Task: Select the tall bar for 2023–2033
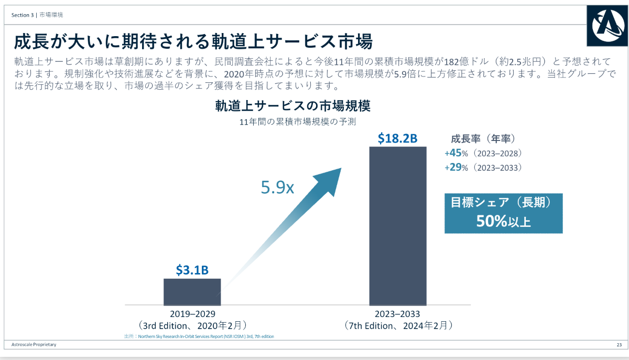tap(398, 225)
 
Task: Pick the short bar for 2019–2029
tap(192, 291)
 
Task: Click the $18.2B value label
tap(397, 138)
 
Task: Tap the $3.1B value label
tap(192, 270)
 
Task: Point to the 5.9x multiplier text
tap(277, 188)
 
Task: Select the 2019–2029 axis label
tap(192, 314)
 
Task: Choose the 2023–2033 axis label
tap(397, 314)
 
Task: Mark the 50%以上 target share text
tap(503, 221)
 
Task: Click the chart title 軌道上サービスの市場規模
tap(292, 106)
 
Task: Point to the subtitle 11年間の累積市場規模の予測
tap(297, 123)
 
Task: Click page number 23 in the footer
tap(619, 344)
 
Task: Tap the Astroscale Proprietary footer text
tap(34, 344)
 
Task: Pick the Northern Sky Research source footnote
tap(199, 336)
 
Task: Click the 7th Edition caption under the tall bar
tap(398, 325)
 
